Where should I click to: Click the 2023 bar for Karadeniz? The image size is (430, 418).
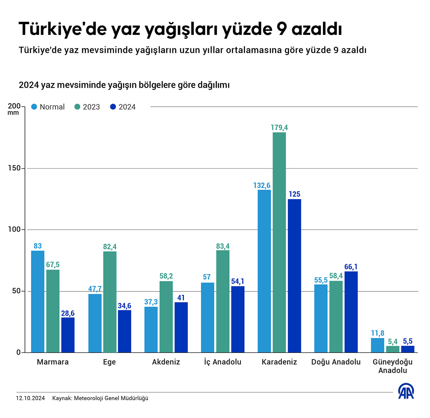point(279,242)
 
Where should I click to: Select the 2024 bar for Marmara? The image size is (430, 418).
point(68,335)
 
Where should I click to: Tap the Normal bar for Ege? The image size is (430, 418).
point(95,323)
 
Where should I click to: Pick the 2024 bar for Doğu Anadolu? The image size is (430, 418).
point(351,312)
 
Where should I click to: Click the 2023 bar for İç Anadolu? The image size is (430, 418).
point(223,301)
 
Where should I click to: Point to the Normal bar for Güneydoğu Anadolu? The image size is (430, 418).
point(377,345)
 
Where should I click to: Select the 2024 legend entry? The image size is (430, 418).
point(123,107)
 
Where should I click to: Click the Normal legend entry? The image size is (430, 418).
point(48,107)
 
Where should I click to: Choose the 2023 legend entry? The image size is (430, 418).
point(87,107)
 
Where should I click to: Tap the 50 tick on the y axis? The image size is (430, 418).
point(15,291)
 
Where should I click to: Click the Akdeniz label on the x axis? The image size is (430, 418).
point(166,362)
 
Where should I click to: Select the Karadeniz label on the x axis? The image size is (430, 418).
point(279,362)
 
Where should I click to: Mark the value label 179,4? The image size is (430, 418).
point(279,128)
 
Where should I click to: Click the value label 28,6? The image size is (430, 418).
point(68,313)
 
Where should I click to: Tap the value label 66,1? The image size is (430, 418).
point(351,267)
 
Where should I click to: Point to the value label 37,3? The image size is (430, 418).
point(151,302)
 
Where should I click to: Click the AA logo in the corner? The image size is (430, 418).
point(406,391)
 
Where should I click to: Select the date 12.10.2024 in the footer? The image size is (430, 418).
point(30,398)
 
